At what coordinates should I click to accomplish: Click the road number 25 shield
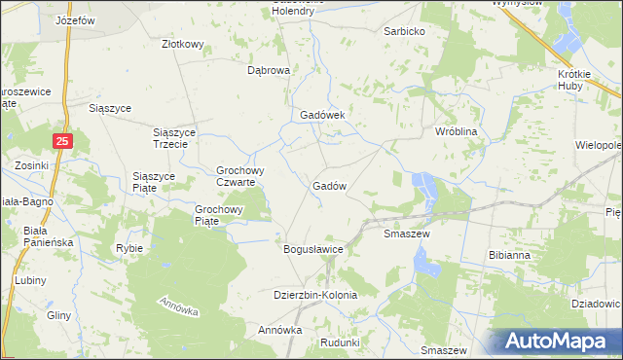[62, 142]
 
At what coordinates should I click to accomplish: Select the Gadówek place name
[316, 114]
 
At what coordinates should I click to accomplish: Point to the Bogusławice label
[313, 250]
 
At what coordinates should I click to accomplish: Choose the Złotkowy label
[182, 45]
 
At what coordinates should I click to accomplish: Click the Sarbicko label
[404, 31]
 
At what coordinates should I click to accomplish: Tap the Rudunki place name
[340, 342]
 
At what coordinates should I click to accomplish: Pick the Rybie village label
[128, 248]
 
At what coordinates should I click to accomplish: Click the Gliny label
[58, 316]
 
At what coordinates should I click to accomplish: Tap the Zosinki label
[31, 165]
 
